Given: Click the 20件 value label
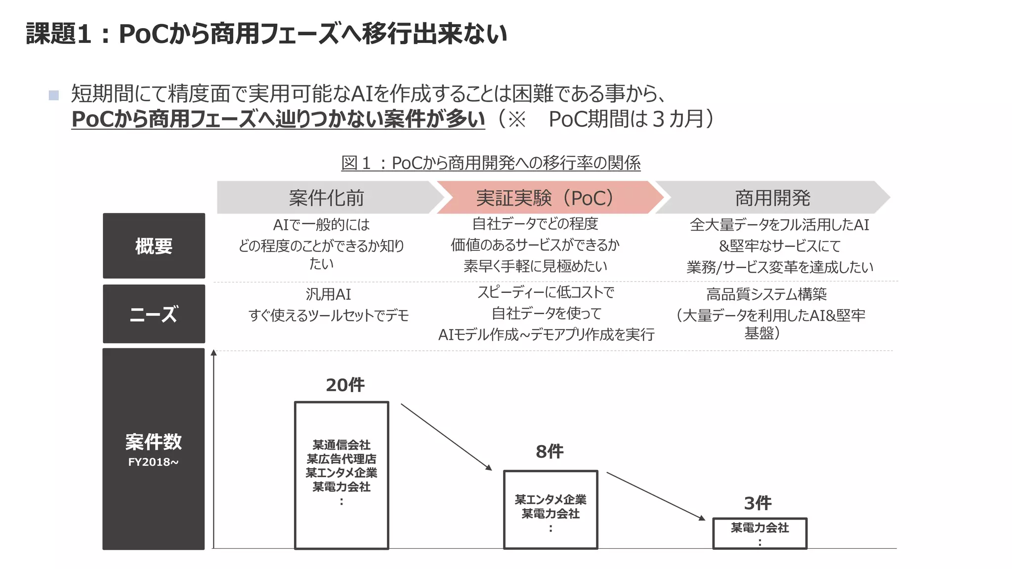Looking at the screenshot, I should point(345,385).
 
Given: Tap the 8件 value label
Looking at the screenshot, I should point(549,451).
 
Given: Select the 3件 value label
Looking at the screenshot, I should point(758,503).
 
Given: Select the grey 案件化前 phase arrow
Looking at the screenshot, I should point(326,198).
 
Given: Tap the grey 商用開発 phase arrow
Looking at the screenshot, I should point(772,198).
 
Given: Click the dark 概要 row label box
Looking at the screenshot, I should point(154,246).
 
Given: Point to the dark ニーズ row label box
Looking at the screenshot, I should point(154,314).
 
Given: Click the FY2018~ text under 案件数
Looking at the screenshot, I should point(153,462).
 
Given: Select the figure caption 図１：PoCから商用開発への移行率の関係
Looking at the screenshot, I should point(491,163).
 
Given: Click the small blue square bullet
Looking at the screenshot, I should point(54,95).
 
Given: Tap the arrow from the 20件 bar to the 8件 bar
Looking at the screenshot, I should point(446,437).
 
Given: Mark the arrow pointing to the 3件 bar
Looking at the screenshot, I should point(655,496).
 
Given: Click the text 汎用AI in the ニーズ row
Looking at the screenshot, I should point(328,294).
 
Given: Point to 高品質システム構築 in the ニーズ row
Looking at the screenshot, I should point(766,294).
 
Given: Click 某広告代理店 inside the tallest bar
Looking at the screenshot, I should point(341,459).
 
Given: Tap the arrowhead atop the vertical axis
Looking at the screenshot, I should point(213,353).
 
